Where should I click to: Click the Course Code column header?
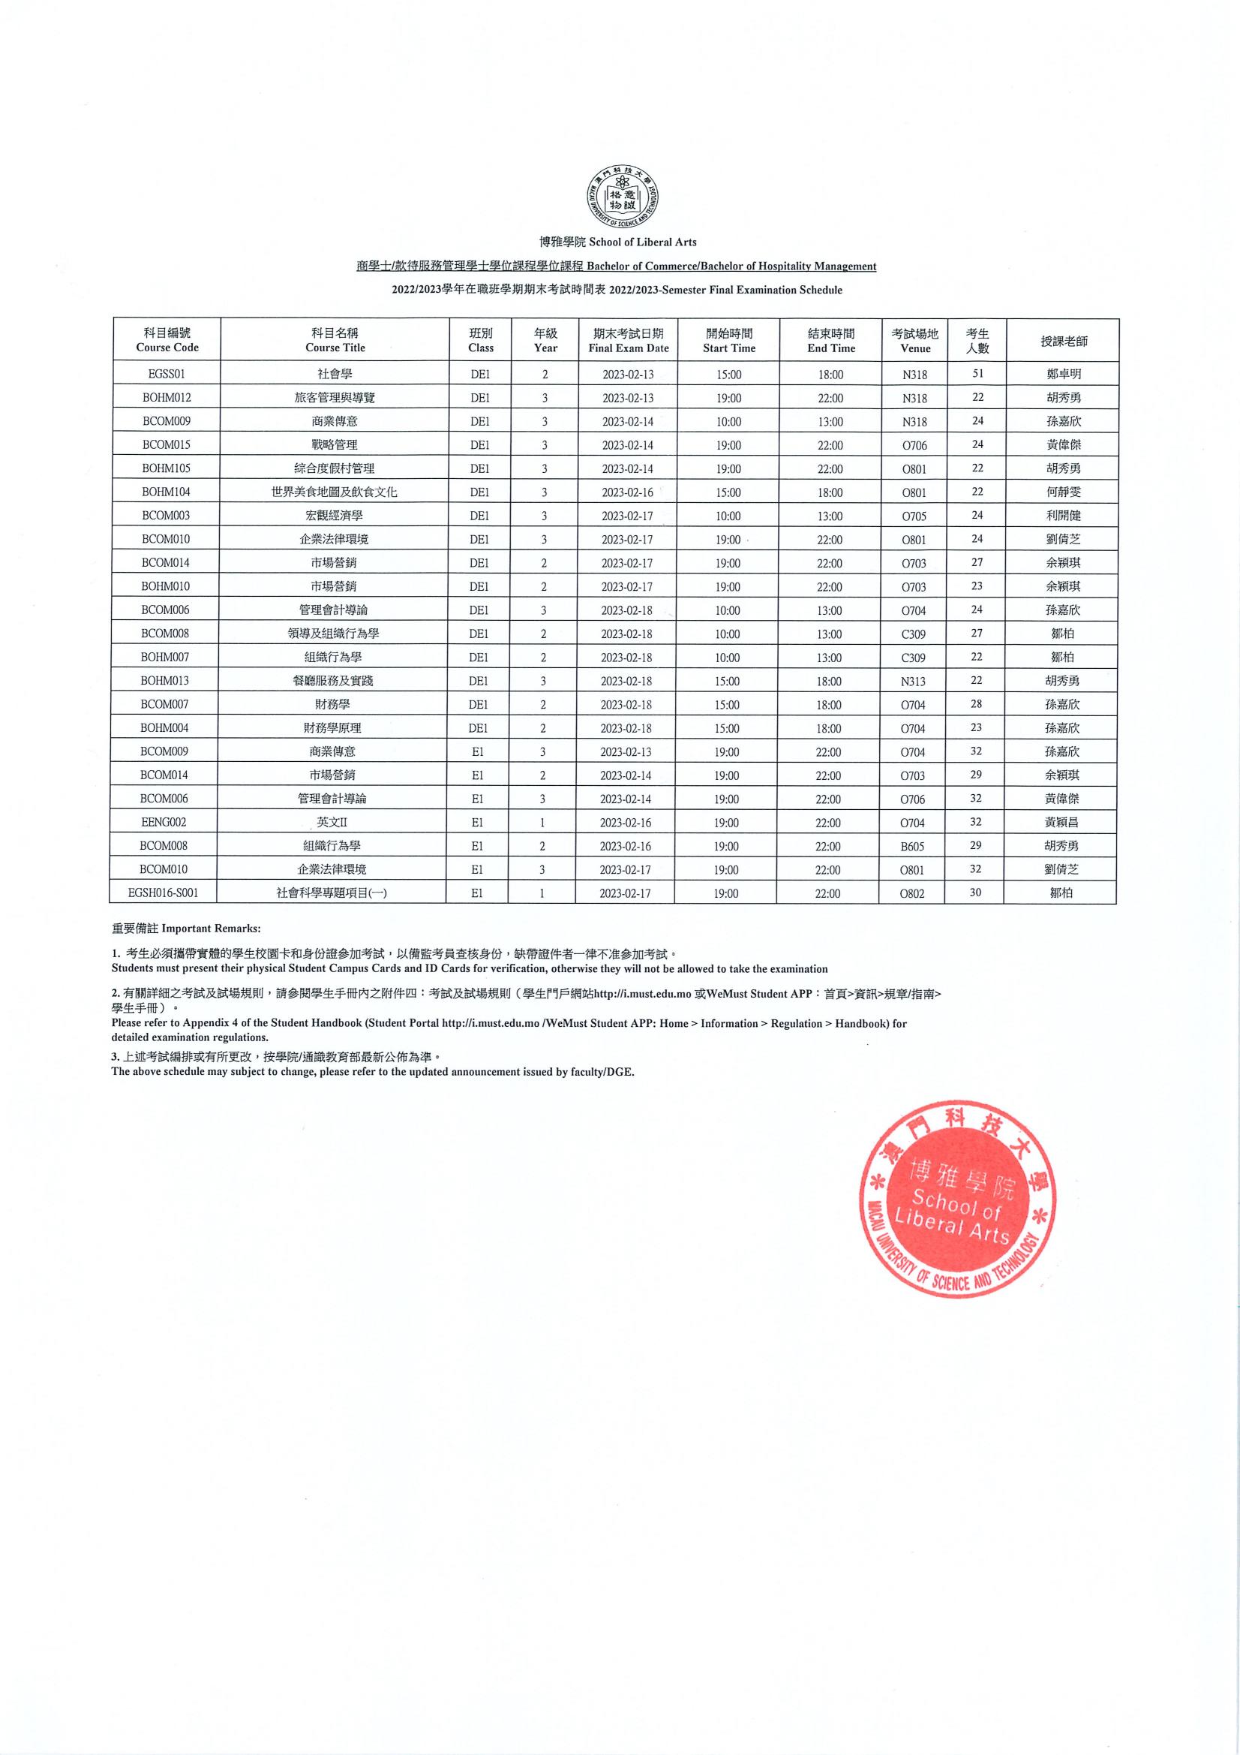tap(167, 340)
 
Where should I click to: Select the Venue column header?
tap(914, 341)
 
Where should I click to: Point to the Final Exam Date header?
tap(628, 341)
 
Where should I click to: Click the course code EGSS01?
tap(167, 374)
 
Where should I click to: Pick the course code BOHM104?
tap(166, 492)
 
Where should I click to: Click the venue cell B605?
tap(912, 846)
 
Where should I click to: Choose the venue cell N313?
tap(914, 681)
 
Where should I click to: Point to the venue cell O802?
tap(912, 893)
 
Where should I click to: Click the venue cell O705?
tap(914, 516)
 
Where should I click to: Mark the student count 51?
tap(978, 374)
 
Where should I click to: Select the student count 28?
tap(977, 704)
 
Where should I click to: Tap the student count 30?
tap(975, 892)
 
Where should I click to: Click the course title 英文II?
tap(332, 823)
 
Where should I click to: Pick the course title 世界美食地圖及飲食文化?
tap(334, 492)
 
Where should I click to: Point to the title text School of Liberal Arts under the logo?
tap(618, 242)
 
